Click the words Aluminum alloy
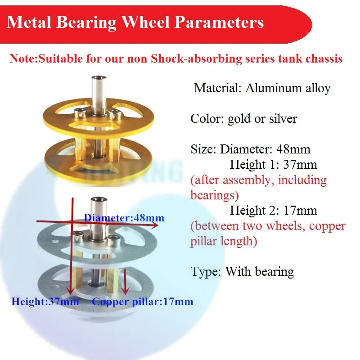coord(288,88)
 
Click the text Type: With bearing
coord(242,271)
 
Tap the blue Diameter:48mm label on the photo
coord(124,218)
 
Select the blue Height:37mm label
coord(45,301)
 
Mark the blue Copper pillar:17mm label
coord(143,301)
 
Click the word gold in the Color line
coord(239,118)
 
